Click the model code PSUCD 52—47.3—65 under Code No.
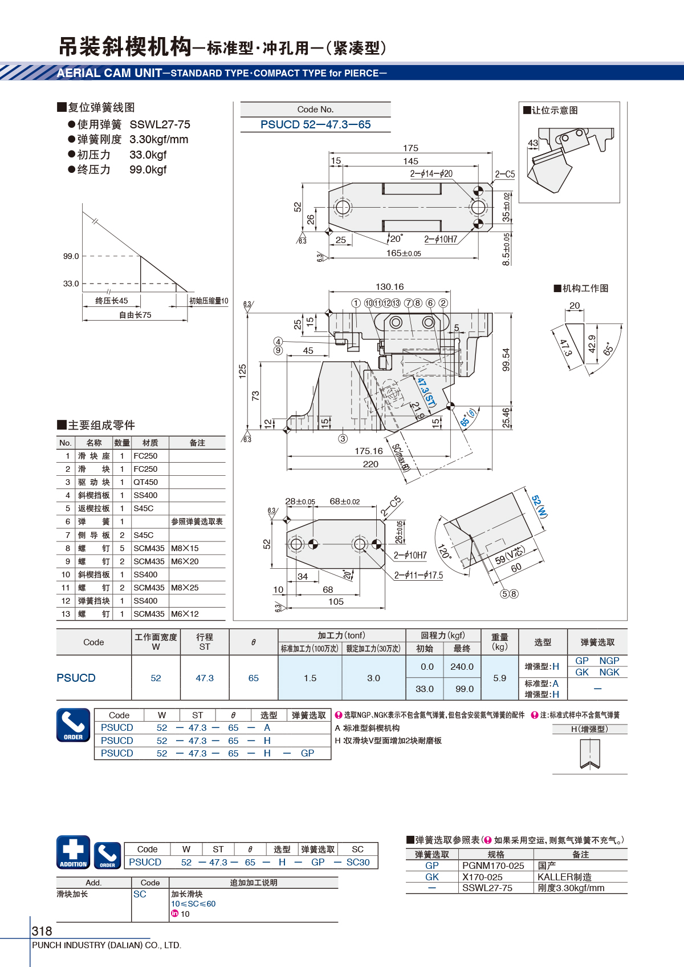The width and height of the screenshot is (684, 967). pyautogui.click(x=315, y=124)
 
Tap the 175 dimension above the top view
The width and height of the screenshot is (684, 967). pyautogui.click(x=410, y=148)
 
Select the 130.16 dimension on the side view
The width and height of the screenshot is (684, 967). pyautogui.click(x=389, y=286)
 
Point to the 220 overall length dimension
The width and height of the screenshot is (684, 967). pyautogui.click(x=370, y=464)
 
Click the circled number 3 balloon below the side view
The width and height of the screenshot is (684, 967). pyautogui.click(x=343, y=439)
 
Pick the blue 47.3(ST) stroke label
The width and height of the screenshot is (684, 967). pyautogui.click(x=426, y=391)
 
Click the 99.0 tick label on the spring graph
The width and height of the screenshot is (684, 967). pyautogui.click(x=71, y=256)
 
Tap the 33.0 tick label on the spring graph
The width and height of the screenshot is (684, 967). pyautogui.click(x=71, y=284)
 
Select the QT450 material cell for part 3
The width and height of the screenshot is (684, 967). pyautogui.click(x=145, y=482)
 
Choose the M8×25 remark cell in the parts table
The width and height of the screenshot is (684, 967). pyautogui.click(x=185, y=588)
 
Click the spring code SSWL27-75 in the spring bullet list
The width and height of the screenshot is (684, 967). pyautogui.click(x=160, y=124)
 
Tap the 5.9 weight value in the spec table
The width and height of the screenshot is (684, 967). pyautogui.click(x=499, y=678)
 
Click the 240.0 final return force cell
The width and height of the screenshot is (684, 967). pyautogui.click(x=462, y=666)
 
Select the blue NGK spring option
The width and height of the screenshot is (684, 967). pyautogui.click(x=609, y=672)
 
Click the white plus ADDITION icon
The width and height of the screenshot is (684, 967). pyautogui.click(x=74, y=852)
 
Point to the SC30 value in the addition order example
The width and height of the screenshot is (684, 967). pyautogui.click(x=358, y=862)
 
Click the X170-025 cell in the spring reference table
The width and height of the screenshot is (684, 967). pyautogui.click(x=482, y=877)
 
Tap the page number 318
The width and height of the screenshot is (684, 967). pyautogui.click(x=42, y=931)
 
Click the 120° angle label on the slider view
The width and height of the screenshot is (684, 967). pyautogui.click(x=444, y=551)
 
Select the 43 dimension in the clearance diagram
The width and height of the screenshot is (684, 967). pyautogui.click(x=533, y=143)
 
